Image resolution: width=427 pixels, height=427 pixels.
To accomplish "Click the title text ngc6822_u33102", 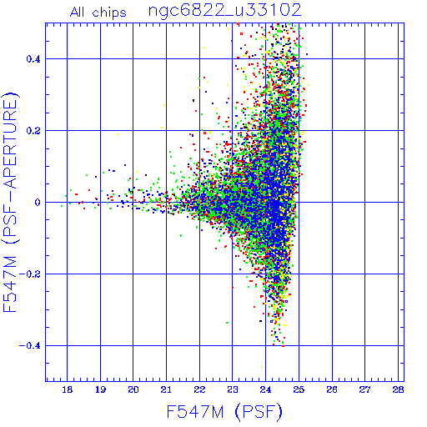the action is (x=225, y=11).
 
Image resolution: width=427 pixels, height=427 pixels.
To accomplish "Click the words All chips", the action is (x=98, y=13).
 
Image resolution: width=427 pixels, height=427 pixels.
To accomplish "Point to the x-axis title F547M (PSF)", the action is (x=224, y=411).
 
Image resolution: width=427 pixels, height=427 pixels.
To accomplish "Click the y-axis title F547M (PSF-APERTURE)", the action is (x=10, y=202).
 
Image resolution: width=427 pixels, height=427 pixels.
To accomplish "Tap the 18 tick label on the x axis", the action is (x=67, y=389).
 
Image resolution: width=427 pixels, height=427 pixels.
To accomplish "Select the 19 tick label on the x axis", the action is (x=100, y=389).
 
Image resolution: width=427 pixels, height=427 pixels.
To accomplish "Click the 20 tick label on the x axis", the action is (x=133, y=389).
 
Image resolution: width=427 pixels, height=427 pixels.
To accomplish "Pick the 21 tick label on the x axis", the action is (x=166, y=389).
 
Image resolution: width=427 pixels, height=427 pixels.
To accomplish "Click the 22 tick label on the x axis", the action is (x=199, y=389).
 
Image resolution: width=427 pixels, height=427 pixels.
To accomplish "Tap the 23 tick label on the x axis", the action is (x=233, y=389).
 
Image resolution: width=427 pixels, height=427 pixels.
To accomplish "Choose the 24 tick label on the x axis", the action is (x=266, y=389).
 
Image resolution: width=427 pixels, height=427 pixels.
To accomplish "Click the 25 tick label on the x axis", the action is (x=299, y=389).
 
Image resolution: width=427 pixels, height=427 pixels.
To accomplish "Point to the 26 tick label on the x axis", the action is (x=332, y=389).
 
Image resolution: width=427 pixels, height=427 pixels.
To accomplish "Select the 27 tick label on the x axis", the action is (x=365, y=389).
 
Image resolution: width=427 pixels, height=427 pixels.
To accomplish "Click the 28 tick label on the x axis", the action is (x=398, y=389).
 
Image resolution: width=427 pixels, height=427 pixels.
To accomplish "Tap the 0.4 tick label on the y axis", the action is (x=33, y=59).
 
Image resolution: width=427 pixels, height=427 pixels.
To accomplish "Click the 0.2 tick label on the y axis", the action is (x=33, y=131).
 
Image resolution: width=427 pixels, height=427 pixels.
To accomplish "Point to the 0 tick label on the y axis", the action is (x=38, y=203).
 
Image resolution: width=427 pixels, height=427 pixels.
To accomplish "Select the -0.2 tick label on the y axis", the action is (x=30, y=274).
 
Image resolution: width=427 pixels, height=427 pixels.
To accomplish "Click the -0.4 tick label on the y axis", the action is (x=30, y=346).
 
